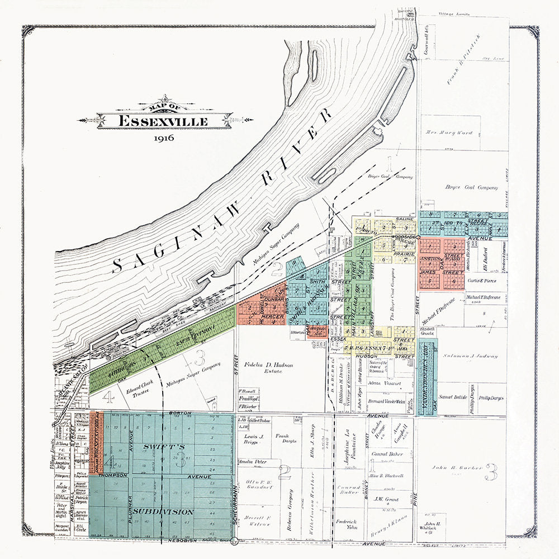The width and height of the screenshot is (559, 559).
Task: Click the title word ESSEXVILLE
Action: pos(163,121)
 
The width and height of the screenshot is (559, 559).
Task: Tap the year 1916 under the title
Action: pos(163,138)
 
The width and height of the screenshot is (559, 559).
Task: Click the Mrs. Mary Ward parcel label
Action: pos(450,133)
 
